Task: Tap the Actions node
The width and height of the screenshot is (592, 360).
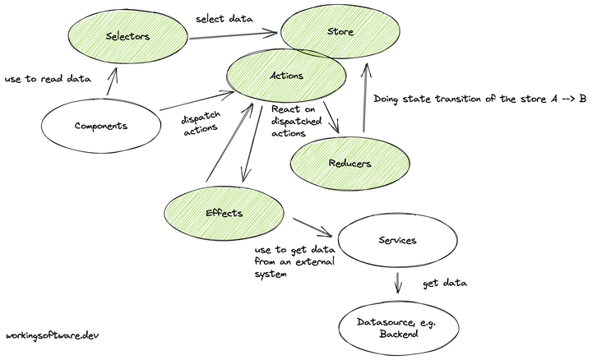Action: [286, 76]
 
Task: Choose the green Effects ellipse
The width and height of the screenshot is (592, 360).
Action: [223, 213]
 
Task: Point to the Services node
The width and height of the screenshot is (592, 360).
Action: [397, 241]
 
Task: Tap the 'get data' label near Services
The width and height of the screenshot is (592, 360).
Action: [445, 284]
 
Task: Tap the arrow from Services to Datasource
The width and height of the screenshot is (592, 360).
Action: [399, 284]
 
